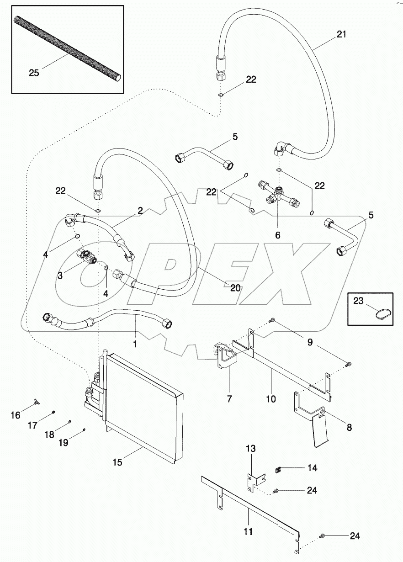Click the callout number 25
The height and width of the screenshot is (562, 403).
pyautogui.click(x=34, y=72)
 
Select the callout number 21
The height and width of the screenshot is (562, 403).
pyautogui.click(x=341, y=34)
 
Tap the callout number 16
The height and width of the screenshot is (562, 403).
pyautogui.click(x=15, y=415)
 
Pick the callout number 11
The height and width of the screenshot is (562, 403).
pyautogui.click(x=248, y=532)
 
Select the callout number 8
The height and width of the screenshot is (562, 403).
pyautogui.click(x=349, y=428)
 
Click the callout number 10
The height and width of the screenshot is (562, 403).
pyautogui.click(x=270, y=399)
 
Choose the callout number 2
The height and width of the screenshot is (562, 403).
pyautogui.click(x=140, y=211)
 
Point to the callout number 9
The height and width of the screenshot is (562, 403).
pyautogui.click(x=309, y=342)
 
